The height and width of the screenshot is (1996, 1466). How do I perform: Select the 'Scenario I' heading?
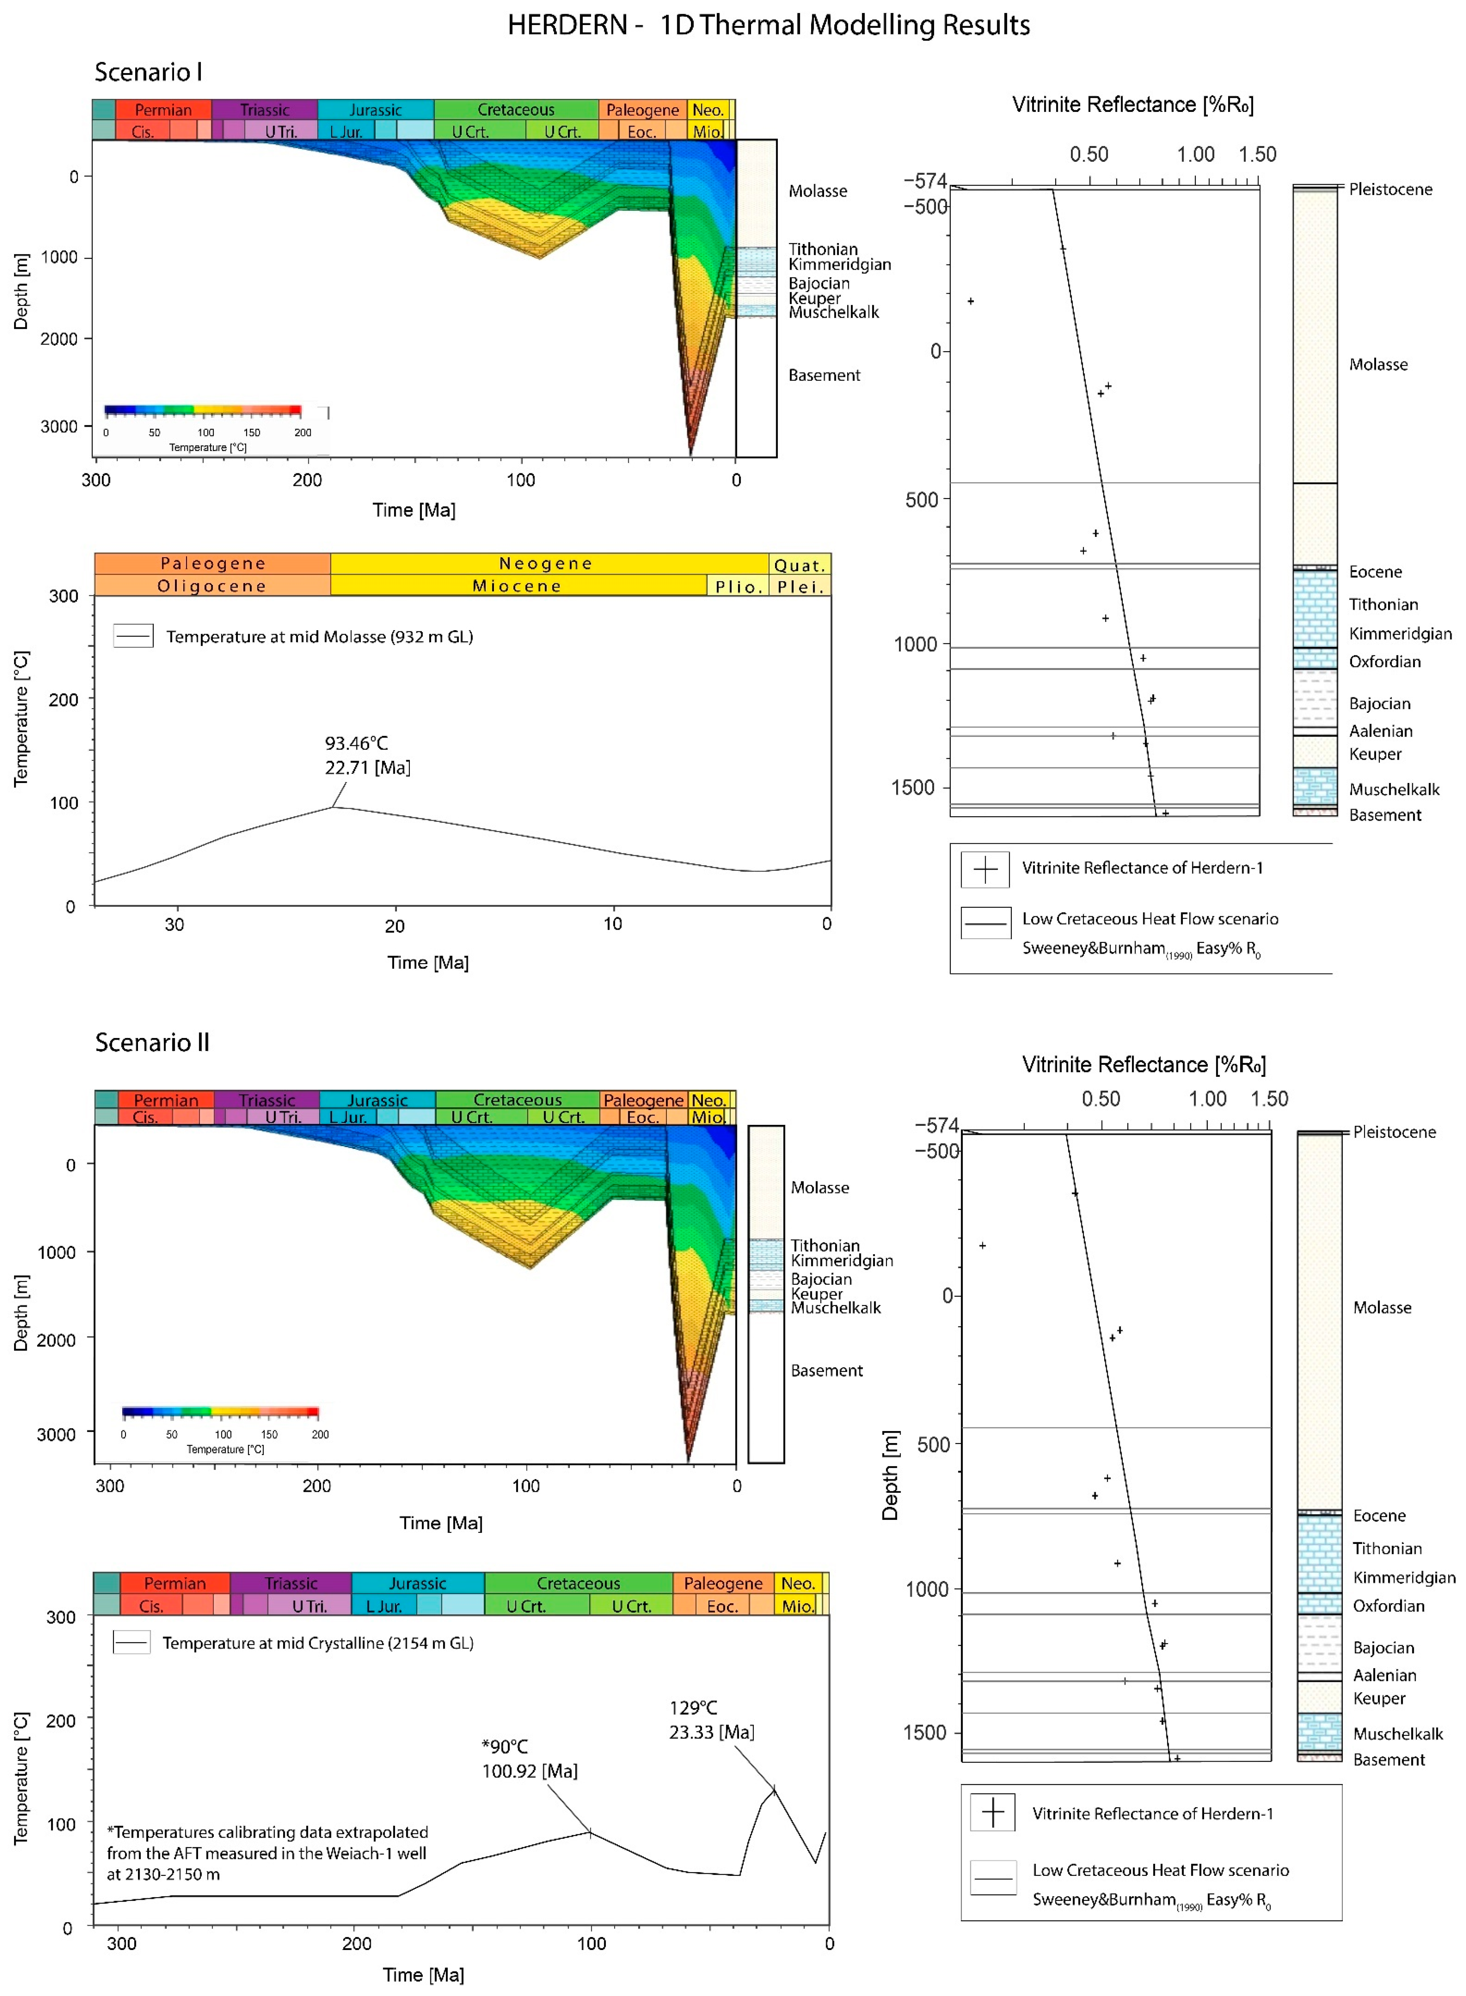(x=148, y=72)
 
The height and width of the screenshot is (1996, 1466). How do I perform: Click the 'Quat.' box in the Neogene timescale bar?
(x=799, y=564)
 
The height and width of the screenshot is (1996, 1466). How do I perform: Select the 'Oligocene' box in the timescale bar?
(x=212, y=586)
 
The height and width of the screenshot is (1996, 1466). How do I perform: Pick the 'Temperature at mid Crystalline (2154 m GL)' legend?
(x=317, y=1643)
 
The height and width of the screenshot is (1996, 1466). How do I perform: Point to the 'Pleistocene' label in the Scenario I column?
(x=1390, y=189)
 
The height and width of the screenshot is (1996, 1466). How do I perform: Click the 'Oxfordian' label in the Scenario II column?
(x=1388, y=1605)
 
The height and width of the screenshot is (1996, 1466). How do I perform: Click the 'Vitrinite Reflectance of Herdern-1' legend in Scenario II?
(x=1152, y=1813)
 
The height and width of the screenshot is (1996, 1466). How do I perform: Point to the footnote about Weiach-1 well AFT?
(x=267, y=1853)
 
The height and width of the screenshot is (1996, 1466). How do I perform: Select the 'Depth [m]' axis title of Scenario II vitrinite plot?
(x=890, y=1475)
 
